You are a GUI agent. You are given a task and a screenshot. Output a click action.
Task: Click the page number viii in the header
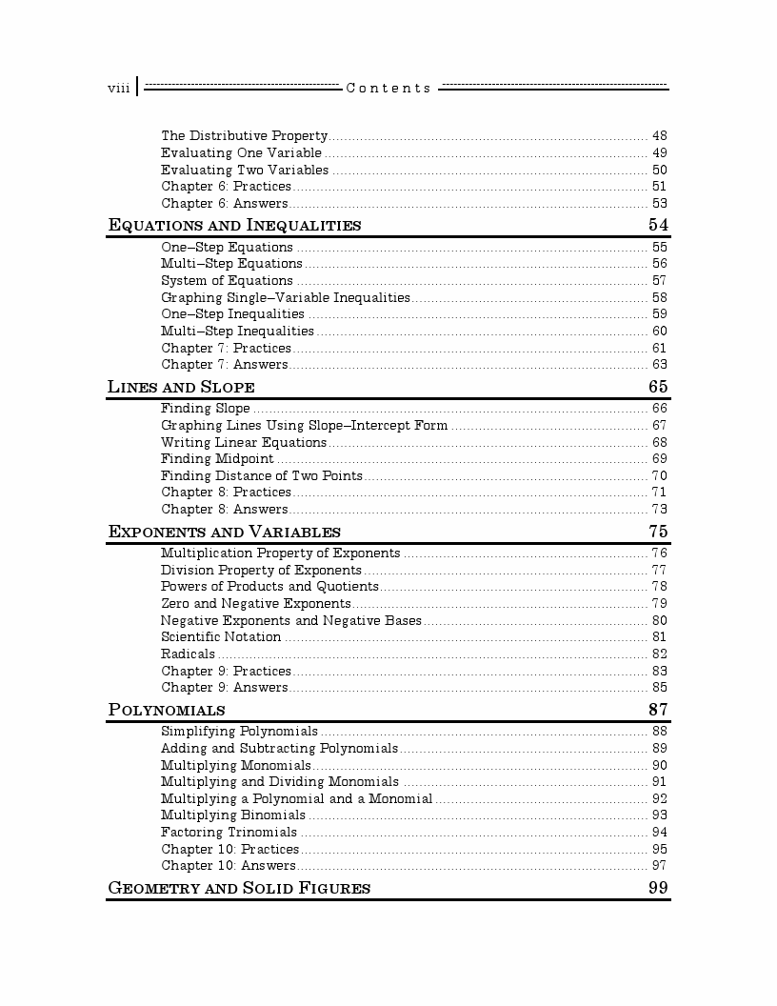[x=118, y=89]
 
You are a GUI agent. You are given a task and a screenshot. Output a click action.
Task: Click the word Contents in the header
[x=388, y=89]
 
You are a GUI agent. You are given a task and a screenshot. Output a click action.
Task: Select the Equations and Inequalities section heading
[x=235, y=226]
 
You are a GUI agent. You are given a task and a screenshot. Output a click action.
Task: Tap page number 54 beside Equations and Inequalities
[x=658, y=225]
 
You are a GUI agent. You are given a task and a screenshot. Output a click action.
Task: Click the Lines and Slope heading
[x=181, y=387]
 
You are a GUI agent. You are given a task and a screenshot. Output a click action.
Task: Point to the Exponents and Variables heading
[x=225, y=532]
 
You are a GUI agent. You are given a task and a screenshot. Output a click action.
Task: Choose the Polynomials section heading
[x=168, y=710]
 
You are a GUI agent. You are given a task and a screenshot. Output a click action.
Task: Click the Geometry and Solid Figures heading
[x=239, y=888]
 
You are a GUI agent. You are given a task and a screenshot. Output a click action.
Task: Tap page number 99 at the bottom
[x=658, y=888]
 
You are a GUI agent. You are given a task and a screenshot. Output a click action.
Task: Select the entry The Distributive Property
[x=244, y=136]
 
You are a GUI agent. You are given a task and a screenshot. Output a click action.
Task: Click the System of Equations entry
[x=227, y=280]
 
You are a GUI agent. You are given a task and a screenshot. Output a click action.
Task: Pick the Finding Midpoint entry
[x=217, y=458]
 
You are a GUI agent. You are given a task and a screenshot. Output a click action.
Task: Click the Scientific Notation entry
[x=221, y=636]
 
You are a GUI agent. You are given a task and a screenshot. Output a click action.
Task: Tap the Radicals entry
[x=188, y=654]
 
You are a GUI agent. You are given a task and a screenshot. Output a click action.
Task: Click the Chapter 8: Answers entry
[x=225, y=509]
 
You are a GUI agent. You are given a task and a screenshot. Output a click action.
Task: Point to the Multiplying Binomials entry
[x=233, y=815]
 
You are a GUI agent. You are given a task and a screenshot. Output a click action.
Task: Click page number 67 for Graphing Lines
[x=659, y=426]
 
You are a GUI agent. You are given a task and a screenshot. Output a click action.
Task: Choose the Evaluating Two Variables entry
[x=245, y=170]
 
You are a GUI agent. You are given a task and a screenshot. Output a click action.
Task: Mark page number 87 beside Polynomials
[x=658, y=710]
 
